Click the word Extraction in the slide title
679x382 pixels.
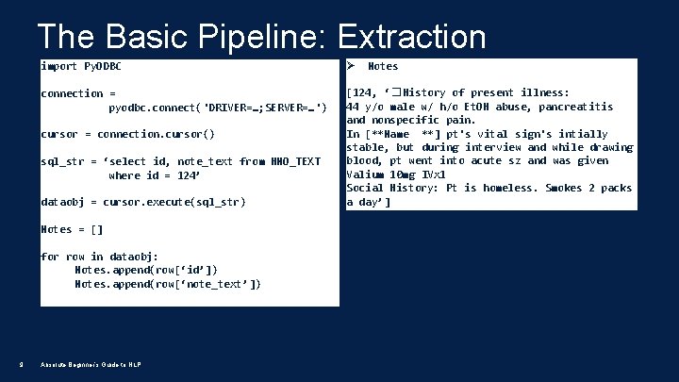[411, 37]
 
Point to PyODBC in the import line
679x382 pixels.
[103, 66]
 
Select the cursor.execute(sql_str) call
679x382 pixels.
[174, 202]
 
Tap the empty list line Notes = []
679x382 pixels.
[72, 229]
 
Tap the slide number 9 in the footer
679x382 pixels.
[21, 366]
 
